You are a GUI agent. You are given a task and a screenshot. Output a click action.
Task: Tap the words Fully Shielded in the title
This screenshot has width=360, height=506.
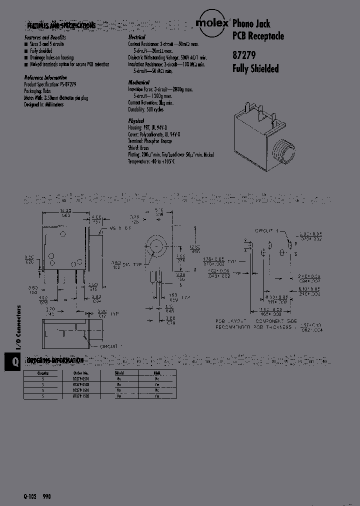(x=255, y=69)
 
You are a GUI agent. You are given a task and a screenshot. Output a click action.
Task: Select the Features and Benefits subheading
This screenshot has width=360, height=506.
(x=45, y=38)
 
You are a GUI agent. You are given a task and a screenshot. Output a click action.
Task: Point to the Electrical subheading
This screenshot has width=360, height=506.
(x=136, y=38)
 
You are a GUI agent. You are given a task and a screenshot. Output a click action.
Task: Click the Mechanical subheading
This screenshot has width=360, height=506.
(x=138, y=82)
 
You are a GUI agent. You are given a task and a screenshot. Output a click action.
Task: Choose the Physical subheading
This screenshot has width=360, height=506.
(x=136, y=121)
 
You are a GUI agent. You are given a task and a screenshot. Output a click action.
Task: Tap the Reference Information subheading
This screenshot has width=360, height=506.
(x=45, y=78)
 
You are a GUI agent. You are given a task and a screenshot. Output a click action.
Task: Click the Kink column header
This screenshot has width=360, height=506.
(x=156, y=372)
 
